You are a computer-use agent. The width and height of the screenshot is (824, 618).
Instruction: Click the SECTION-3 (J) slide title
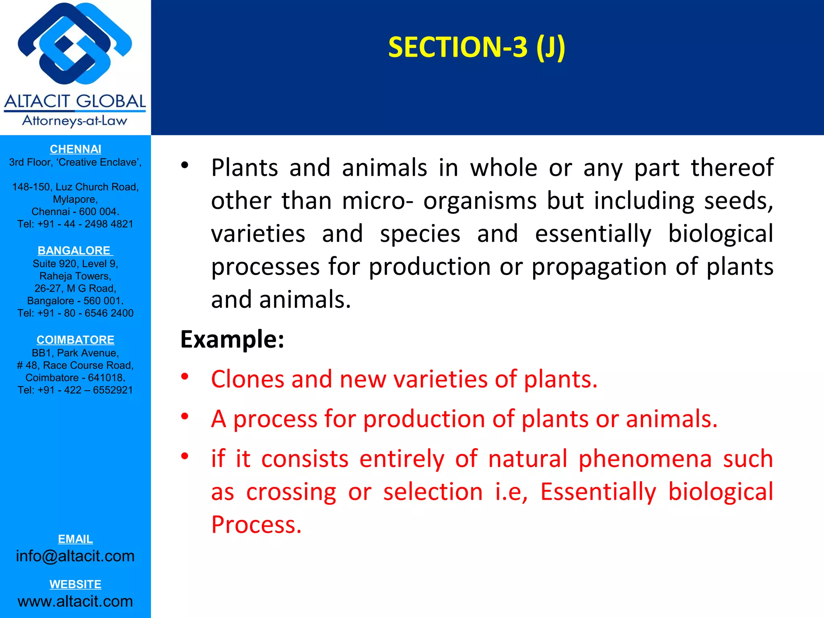476,47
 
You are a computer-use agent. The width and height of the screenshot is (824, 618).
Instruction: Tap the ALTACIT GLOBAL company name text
75,101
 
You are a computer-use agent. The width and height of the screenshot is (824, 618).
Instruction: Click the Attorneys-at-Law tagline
75,120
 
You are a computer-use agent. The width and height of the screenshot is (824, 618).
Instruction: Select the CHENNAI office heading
75,149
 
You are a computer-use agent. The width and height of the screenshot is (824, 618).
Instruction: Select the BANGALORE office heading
75,251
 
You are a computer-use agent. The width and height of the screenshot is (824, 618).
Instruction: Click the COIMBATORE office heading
75,340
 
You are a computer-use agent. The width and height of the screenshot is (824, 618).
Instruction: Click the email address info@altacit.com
75,556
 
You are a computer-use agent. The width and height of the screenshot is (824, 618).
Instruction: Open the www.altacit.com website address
75,601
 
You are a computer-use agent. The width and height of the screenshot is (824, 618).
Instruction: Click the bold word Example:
232,339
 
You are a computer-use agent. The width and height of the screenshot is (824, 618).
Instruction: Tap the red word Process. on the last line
256,525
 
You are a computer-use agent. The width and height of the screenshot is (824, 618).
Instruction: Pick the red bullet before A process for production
185,416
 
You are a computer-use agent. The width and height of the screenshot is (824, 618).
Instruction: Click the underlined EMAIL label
75,539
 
